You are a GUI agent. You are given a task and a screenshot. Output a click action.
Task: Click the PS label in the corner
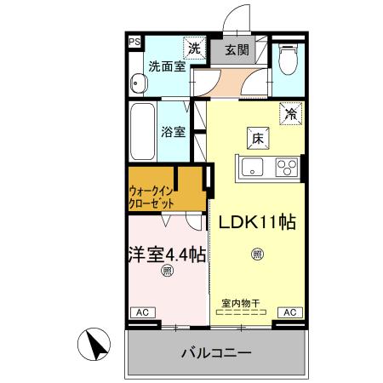tap(134, 40)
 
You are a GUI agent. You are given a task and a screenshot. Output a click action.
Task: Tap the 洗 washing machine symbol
tap(195, 49)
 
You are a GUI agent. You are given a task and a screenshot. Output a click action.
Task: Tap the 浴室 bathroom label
tap(174, 132)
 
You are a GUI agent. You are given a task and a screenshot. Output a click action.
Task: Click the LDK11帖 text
tap(257, 223)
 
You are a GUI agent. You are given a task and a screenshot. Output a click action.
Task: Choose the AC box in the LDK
tap(289, 312)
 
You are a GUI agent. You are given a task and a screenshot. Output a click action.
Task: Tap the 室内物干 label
tap(242, 301)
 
